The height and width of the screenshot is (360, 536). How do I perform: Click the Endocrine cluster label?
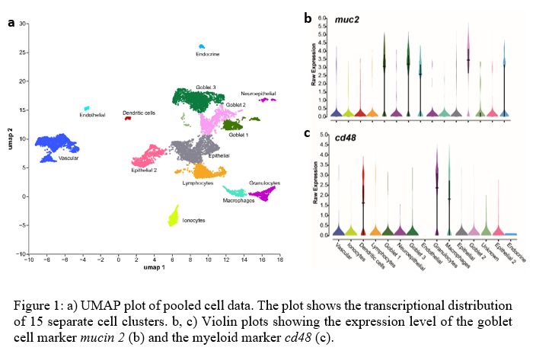point(208,55)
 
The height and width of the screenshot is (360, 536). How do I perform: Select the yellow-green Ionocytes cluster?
point(174,215)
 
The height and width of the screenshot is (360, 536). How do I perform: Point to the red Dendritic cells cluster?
point(128,119)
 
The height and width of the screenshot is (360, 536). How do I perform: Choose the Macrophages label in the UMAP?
point(238,201)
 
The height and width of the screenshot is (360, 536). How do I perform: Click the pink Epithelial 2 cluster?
point(152,158)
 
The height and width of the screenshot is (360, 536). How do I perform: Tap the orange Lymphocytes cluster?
point(206,170)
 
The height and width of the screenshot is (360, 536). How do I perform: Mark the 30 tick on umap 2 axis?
point(23,24)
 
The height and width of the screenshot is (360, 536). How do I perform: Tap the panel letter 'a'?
point(11,22)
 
